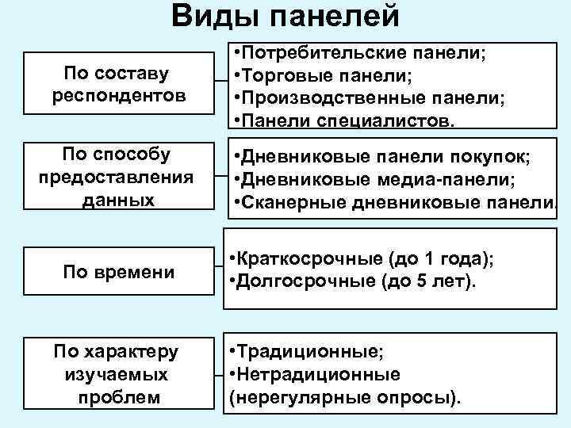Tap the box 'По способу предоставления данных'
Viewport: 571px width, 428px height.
pos(116,175)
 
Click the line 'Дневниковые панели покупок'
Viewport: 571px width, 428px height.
pos(381,155)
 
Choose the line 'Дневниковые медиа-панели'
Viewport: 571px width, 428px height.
pos(374,179)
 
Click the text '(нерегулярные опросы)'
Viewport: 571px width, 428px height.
pos(345,396)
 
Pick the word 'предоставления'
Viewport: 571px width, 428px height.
pos(116,175)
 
